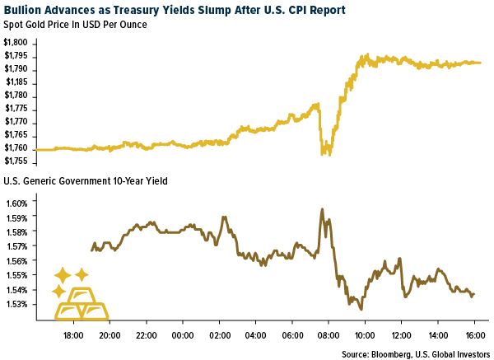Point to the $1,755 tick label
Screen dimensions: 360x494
[x=18, y=161]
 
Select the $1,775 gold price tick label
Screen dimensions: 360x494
[x=18, y=108]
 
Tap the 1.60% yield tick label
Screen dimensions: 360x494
[x=17, y=203]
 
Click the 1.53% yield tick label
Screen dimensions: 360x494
[x=17, y=304]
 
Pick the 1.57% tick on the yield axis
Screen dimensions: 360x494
[x=17, y=246]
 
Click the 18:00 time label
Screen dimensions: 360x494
[x=73, y=336]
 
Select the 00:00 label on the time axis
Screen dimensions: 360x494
[x=184, y=336]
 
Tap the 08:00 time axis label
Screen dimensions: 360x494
[x=329, y=336]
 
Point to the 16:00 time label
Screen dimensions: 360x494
[x=474, y=336]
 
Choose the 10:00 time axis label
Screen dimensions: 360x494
[x=365, y=336]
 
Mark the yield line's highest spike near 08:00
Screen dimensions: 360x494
[x=322, y=209]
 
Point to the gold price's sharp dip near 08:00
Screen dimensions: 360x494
[x=324, y=153]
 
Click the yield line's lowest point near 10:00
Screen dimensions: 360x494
[x=361, y=308]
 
